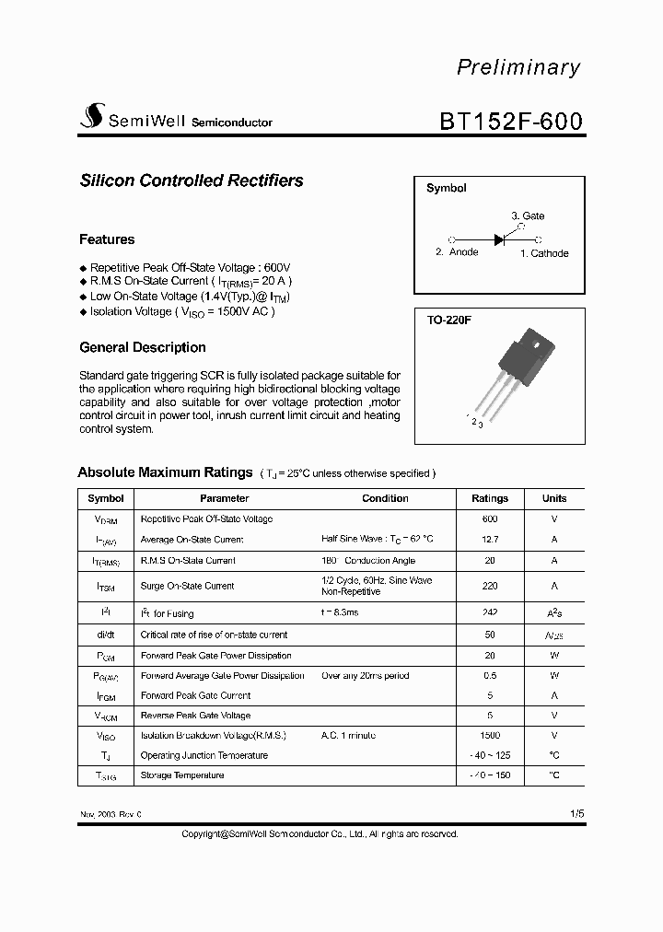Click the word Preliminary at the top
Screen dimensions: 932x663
click(518, 67)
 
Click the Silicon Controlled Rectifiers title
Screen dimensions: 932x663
click(192, 181)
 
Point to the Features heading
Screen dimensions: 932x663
click(107, 239)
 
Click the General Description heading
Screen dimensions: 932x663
click(143, 347)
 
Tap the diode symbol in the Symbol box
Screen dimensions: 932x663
click(500, 239)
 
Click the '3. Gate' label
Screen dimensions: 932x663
click(528, 216)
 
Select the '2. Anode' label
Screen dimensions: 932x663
click(457, 252)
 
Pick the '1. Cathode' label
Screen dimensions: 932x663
click(544, 253)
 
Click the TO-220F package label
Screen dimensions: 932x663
click(448, 320)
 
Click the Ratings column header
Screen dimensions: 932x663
click(489, 498)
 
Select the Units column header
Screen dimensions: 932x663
click(554, 498)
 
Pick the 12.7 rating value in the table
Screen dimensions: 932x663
click(489, 540)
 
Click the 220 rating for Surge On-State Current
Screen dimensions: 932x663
click(489, 586)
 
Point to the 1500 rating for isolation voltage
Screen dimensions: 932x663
click(489, 735)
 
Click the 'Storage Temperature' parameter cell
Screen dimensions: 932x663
click(182, 775)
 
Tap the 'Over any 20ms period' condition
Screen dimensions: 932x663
click(366, 676)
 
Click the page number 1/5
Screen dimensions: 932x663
click(576, 814)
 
